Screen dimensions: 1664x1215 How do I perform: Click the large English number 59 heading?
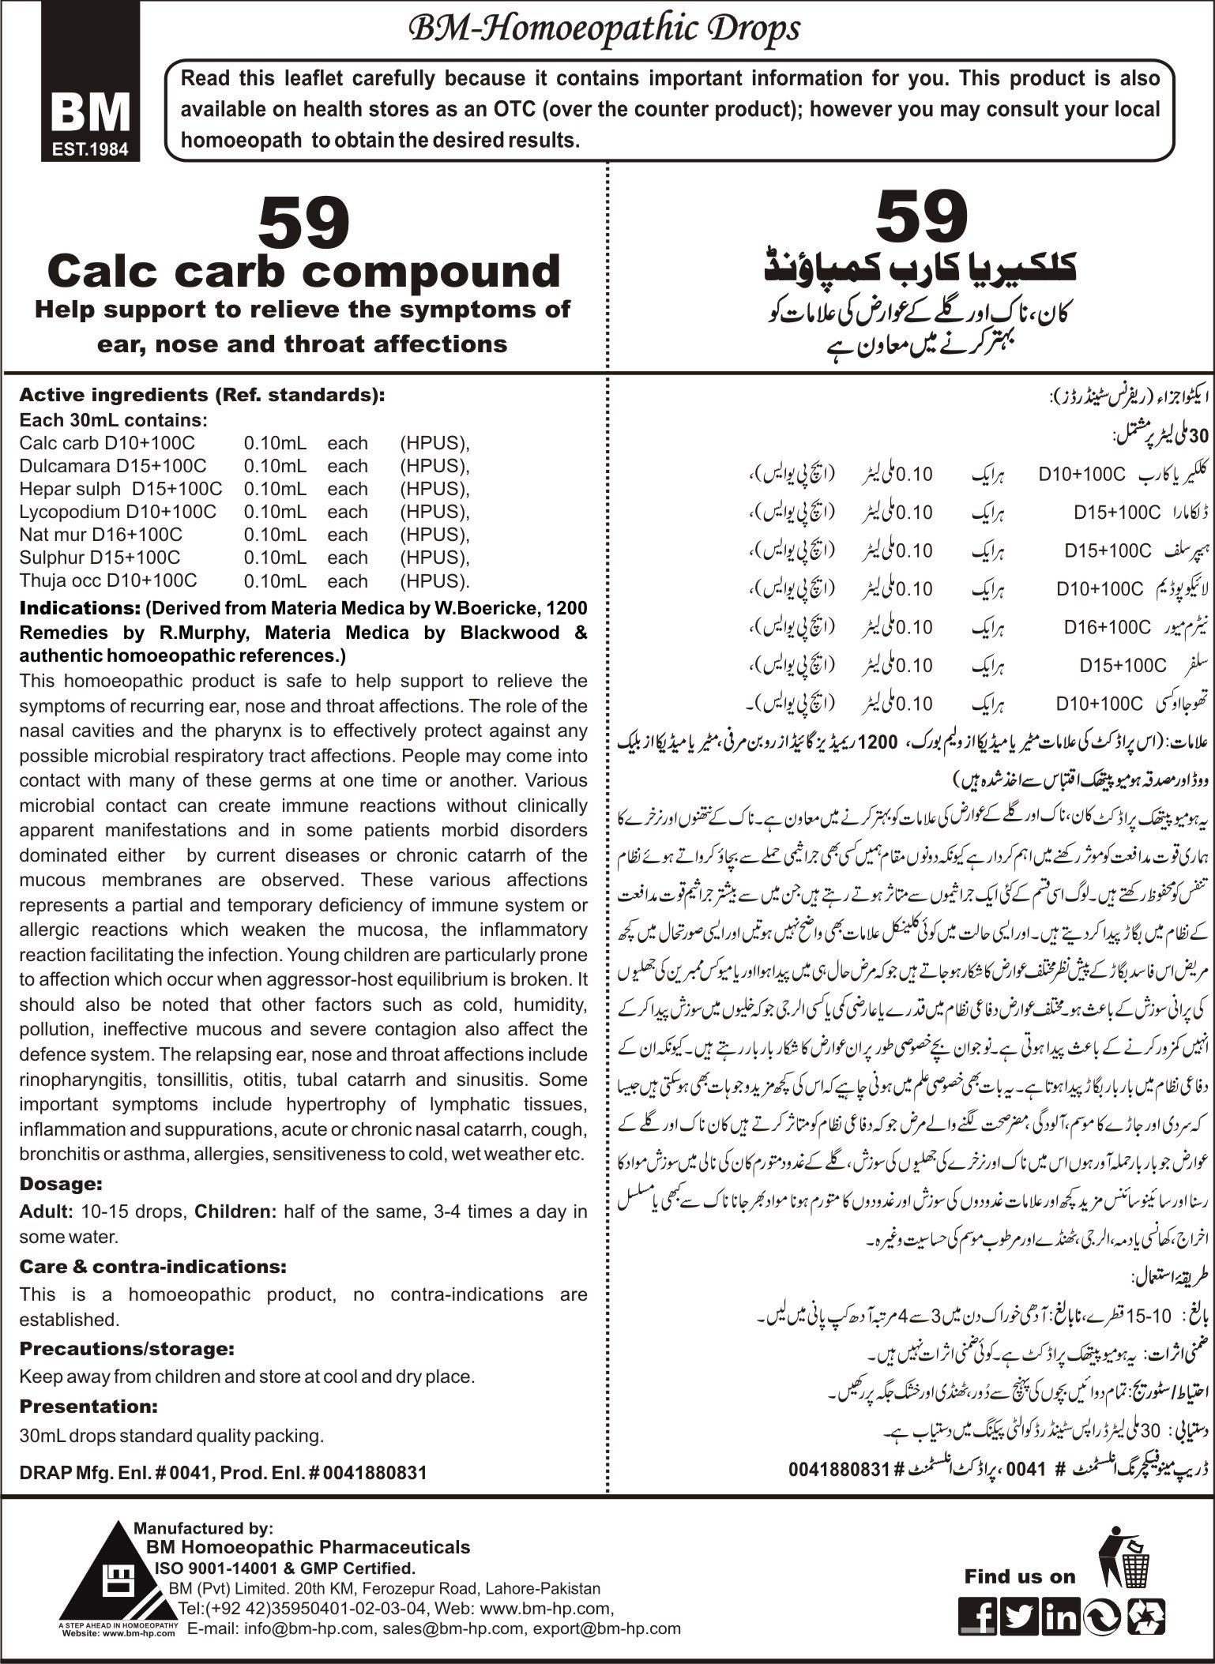pos(304,224)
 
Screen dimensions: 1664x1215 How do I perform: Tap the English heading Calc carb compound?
pos(304,272)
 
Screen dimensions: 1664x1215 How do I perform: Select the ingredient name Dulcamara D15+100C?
pos(107,466)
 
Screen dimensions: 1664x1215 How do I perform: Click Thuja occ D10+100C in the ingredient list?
pos(108,580)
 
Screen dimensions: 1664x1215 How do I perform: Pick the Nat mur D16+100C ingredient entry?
pos(100,535)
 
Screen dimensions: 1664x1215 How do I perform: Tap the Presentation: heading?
pos(88,1406)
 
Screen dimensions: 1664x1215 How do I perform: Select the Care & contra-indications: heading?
pos(152,1266)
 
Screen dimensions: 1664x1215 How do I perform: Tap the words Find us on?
pos(1019,1576)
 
